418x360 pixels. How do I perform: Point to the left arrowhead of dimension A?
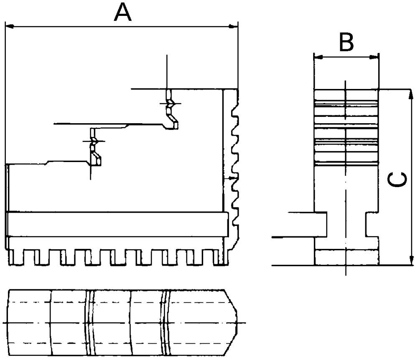click(x=9, y=27)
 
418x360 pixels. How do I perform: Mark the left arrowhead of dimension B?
click(x=317, y=57)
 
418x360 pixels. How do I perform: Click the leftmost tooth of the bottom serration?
click(x=17, y=257)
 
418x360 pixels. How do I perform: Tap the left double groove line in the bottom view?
click(x=89, y=322)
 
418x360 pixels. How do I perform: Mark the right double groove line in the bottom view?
click(x=166, y=322)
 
